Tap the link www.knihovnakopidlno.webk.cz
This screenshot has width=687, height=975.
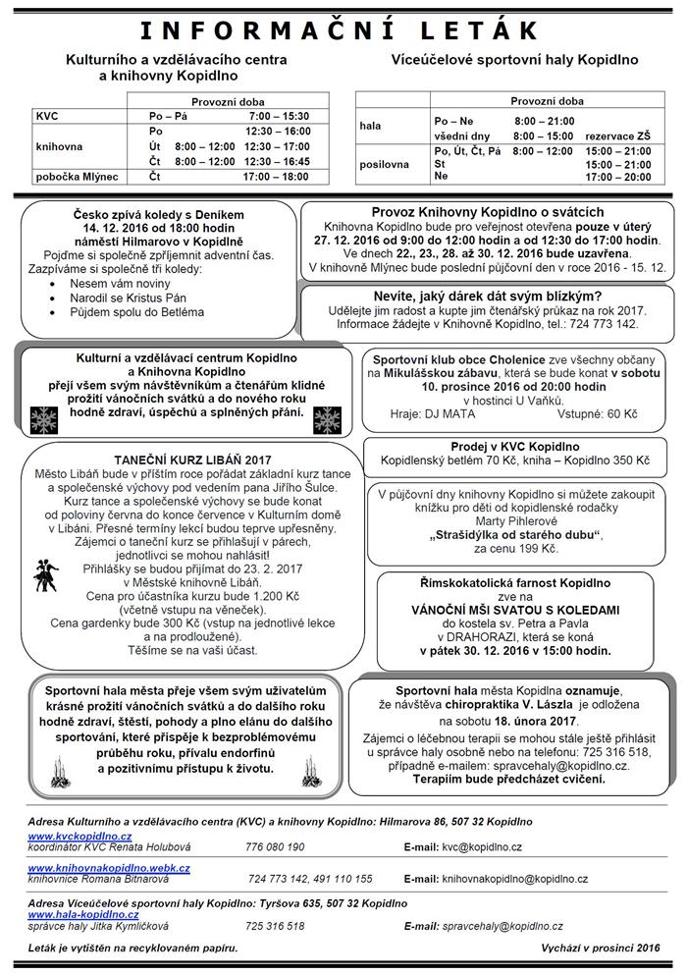(x=109, y=868)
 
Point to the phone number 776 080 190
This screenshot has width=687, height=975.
(x=275, y=846)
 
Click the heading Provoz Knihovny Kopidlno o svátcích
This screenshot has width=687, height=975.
(x=487, y=212)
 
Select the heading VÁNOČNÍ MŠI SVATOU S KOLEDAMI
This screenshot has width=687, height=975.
(x=515, y=610)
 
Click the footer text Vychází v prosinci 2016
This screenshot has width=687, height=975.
(x=600, y=948)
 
